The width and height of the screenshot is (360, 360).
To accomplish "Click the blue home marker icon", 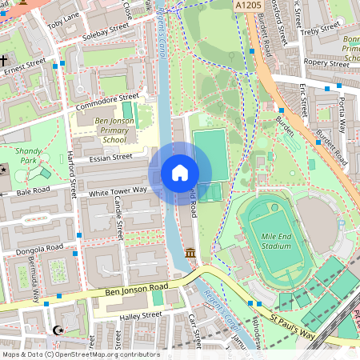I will (180, 172).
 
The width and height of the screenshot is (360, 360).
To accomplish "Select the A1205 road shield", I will (248, 6).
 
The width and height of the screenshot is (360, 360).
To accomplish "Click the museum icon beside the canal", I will (190, 254).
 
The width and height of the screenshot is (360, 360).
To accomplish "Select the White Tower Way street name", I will (118, 190).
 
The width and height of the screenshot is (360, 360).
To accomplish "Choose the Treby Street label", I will (319, 30).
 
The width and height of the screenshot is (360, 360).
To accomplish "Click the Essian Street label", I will (111, 158).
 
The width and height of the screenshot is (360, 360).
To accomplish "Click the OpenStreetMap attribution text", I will (80, 354).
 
